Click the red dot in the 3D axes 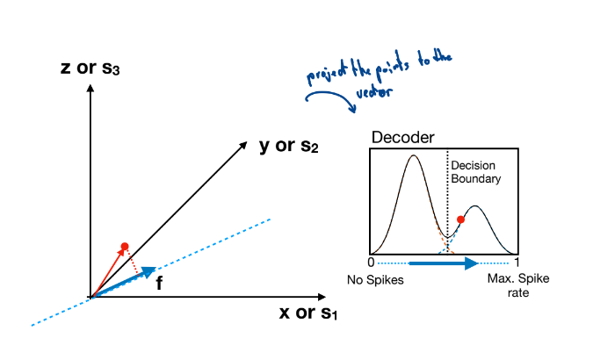[125, 247]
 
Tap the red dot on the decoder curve [460, 220]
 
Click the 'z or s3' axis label [90, 68]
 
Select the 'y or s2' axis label [289, 146]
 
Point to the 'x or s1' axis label [308, 313]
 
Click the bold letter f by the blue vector [159, 283]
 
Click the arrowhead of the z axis [90, 88]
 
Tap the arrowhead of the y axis [243, 145]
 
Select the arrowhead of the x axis [322, 297]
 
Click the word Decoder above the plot [402, 137]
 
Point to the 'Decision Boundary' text [476, 172]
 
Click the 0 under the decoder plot [371, 262]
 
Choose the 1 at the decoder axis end [517, 262]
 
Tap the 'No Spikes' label [375, 280]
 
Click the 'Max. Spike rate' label [518, 285]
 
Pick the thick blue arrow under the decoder [444, 263]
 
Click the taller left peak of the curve [414, 155]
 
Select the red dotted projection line [133, 261]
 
